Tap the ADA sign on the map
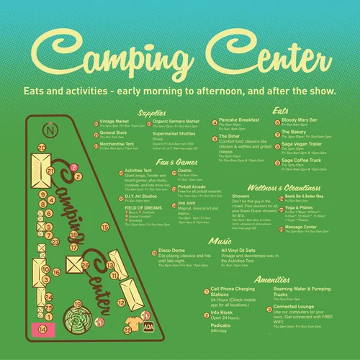click(148, 325)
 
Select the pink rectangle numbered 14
click(42, 330)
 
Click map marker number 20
click(42, 148)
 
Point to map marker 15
click(104, 227)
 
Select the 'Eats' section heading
click(281, 112)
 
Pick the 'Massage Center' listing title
click(302, 228)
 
